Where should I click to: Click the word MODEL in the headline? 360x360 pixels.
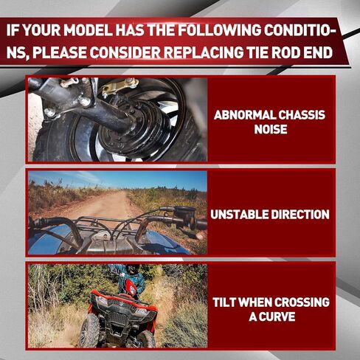pyautogui.click(x=88, y=30)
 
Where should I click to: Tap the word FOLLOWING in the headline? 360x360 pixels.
pyautogui.click(x=218, y=30)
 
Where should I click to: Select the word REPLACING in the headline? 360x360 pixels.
pyautogui.click(x=203, y=52)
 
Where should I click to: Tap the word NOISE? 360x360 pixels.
pyautogui.click(x=271, y=129)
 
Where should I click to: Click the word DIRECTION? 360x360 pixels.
pyautogui.click(x=300, y=215)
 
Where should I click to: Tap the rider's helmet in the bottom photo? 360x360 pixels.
pyautogui.click(x=132, y=270)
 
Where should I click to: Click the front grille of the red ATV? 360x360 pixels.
pyautogui.click(x=120, y=319)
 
